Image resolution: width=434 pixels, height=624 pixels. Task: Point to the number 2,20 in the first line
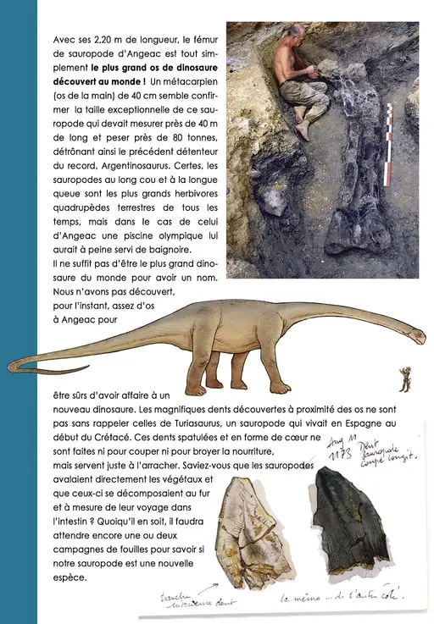point(108,40)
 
